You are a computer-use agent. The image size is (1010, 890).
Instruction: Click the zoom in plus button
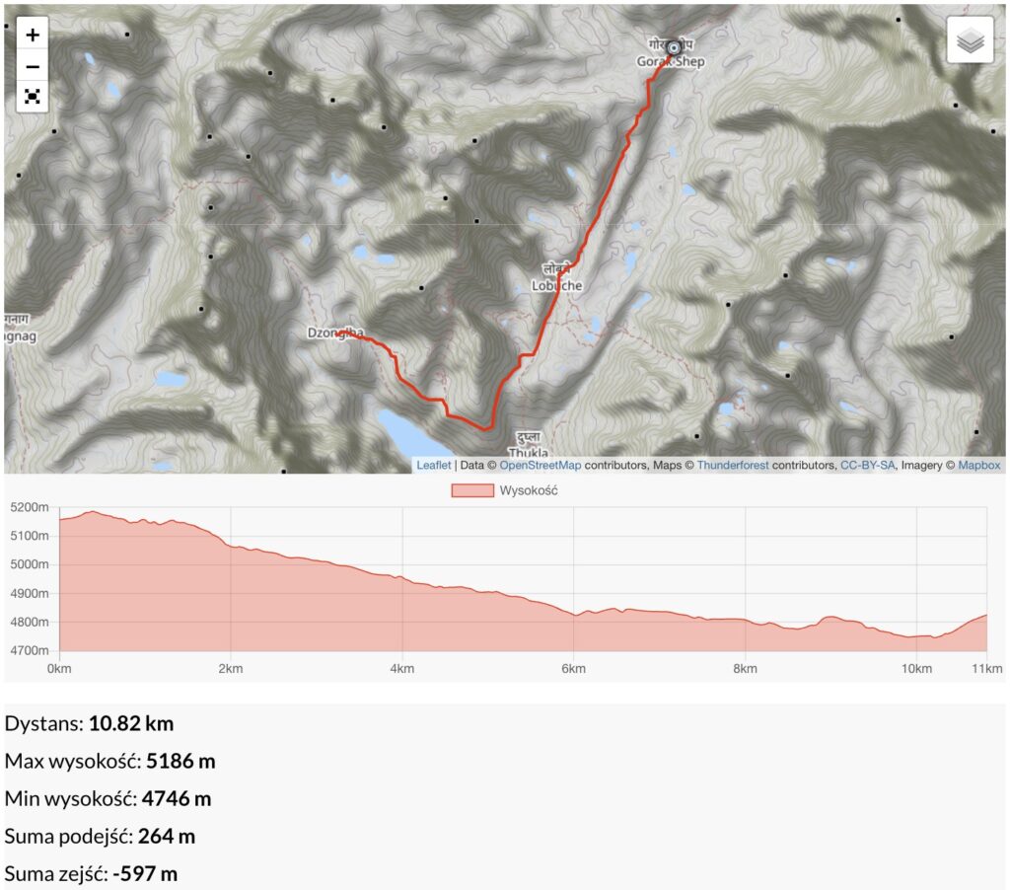[x=33, y=35]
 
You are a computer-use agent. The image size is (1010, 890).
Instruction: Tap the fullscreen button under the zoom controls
[x=33, y=96]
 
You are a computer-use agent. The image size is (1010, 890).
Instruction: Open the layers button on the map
[x=970, y=40]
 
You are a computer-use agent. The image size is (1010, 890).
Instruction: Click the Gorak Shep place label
[x=671, y=61]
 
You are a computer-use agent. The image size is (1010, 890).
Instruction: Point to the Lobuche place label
[x=556, y=285]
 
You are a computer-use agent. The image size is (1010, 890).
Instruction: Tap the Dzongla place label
[x=329, y=334]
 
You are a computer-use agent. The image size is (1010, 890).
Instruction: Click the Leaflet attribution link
[x=433, y=465]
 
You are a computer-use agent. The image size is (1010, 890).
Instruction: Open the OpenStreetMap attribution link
[x=541, y=465]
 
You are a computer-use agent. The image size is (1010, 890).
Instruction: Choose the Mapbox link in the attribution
[x=979, y=465]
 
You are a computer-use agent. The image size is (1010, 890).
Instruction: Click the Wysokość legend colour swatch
[x=471, y=490]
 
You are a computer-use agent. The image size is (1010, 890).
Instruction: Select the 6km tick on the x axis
[x=574, y=669]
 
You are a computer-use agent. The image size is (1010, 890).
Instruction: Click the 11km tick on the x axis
[x=987, y=669]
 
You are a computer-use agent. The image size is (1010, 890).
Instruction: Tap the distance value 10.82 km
[x=131, y=723]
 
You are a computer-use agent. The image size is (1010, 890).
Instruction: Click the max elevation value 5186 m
[x=180, y=761]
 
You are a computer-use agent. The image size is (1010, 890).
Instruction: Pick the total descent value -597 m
[x=145, y=873]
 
